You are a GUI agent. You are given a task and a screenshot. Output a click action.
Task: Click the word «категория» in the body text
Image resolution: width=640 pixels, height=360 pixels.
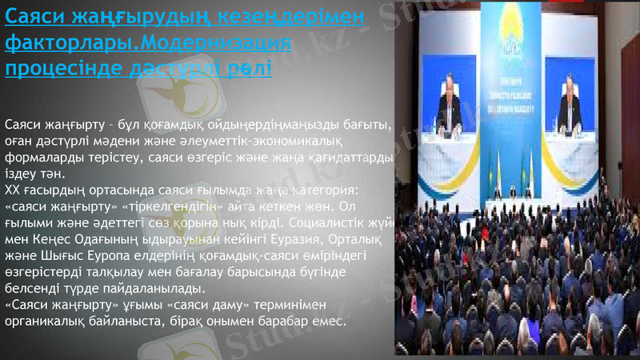[334, 190]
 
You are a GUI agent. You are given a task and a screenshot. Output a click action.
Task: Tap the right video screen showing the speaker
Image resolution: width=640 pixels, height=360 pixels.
[570, 100]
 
